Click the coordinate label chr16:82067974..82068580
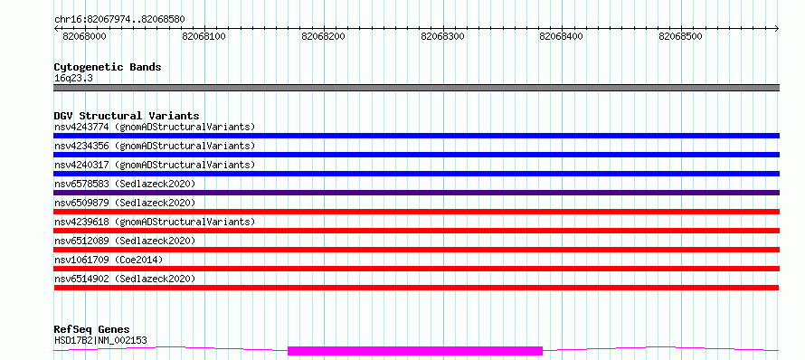click(119, 20)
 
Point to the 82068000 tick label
click(84, 37)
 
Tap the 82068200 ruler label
click(324, 37)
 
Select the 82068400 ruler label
click(562, 37)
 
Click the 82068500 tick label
click(681, 37)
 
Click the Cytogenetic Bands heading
click(108, 67)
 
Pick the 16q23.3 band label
click(73, 79)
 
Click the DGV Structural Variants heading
click(127, 116)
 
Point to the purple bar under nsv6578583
click(416, 193)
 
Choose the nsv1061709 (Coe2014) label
click(109, 260)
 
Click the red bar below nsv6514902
click(416, 288)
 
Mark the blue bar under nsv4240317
click(416, 174)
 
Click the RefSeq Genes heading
click(92, 330)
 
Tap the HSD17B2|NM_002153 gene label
click(100, 340)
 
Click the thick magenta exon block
click(415, 351)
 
